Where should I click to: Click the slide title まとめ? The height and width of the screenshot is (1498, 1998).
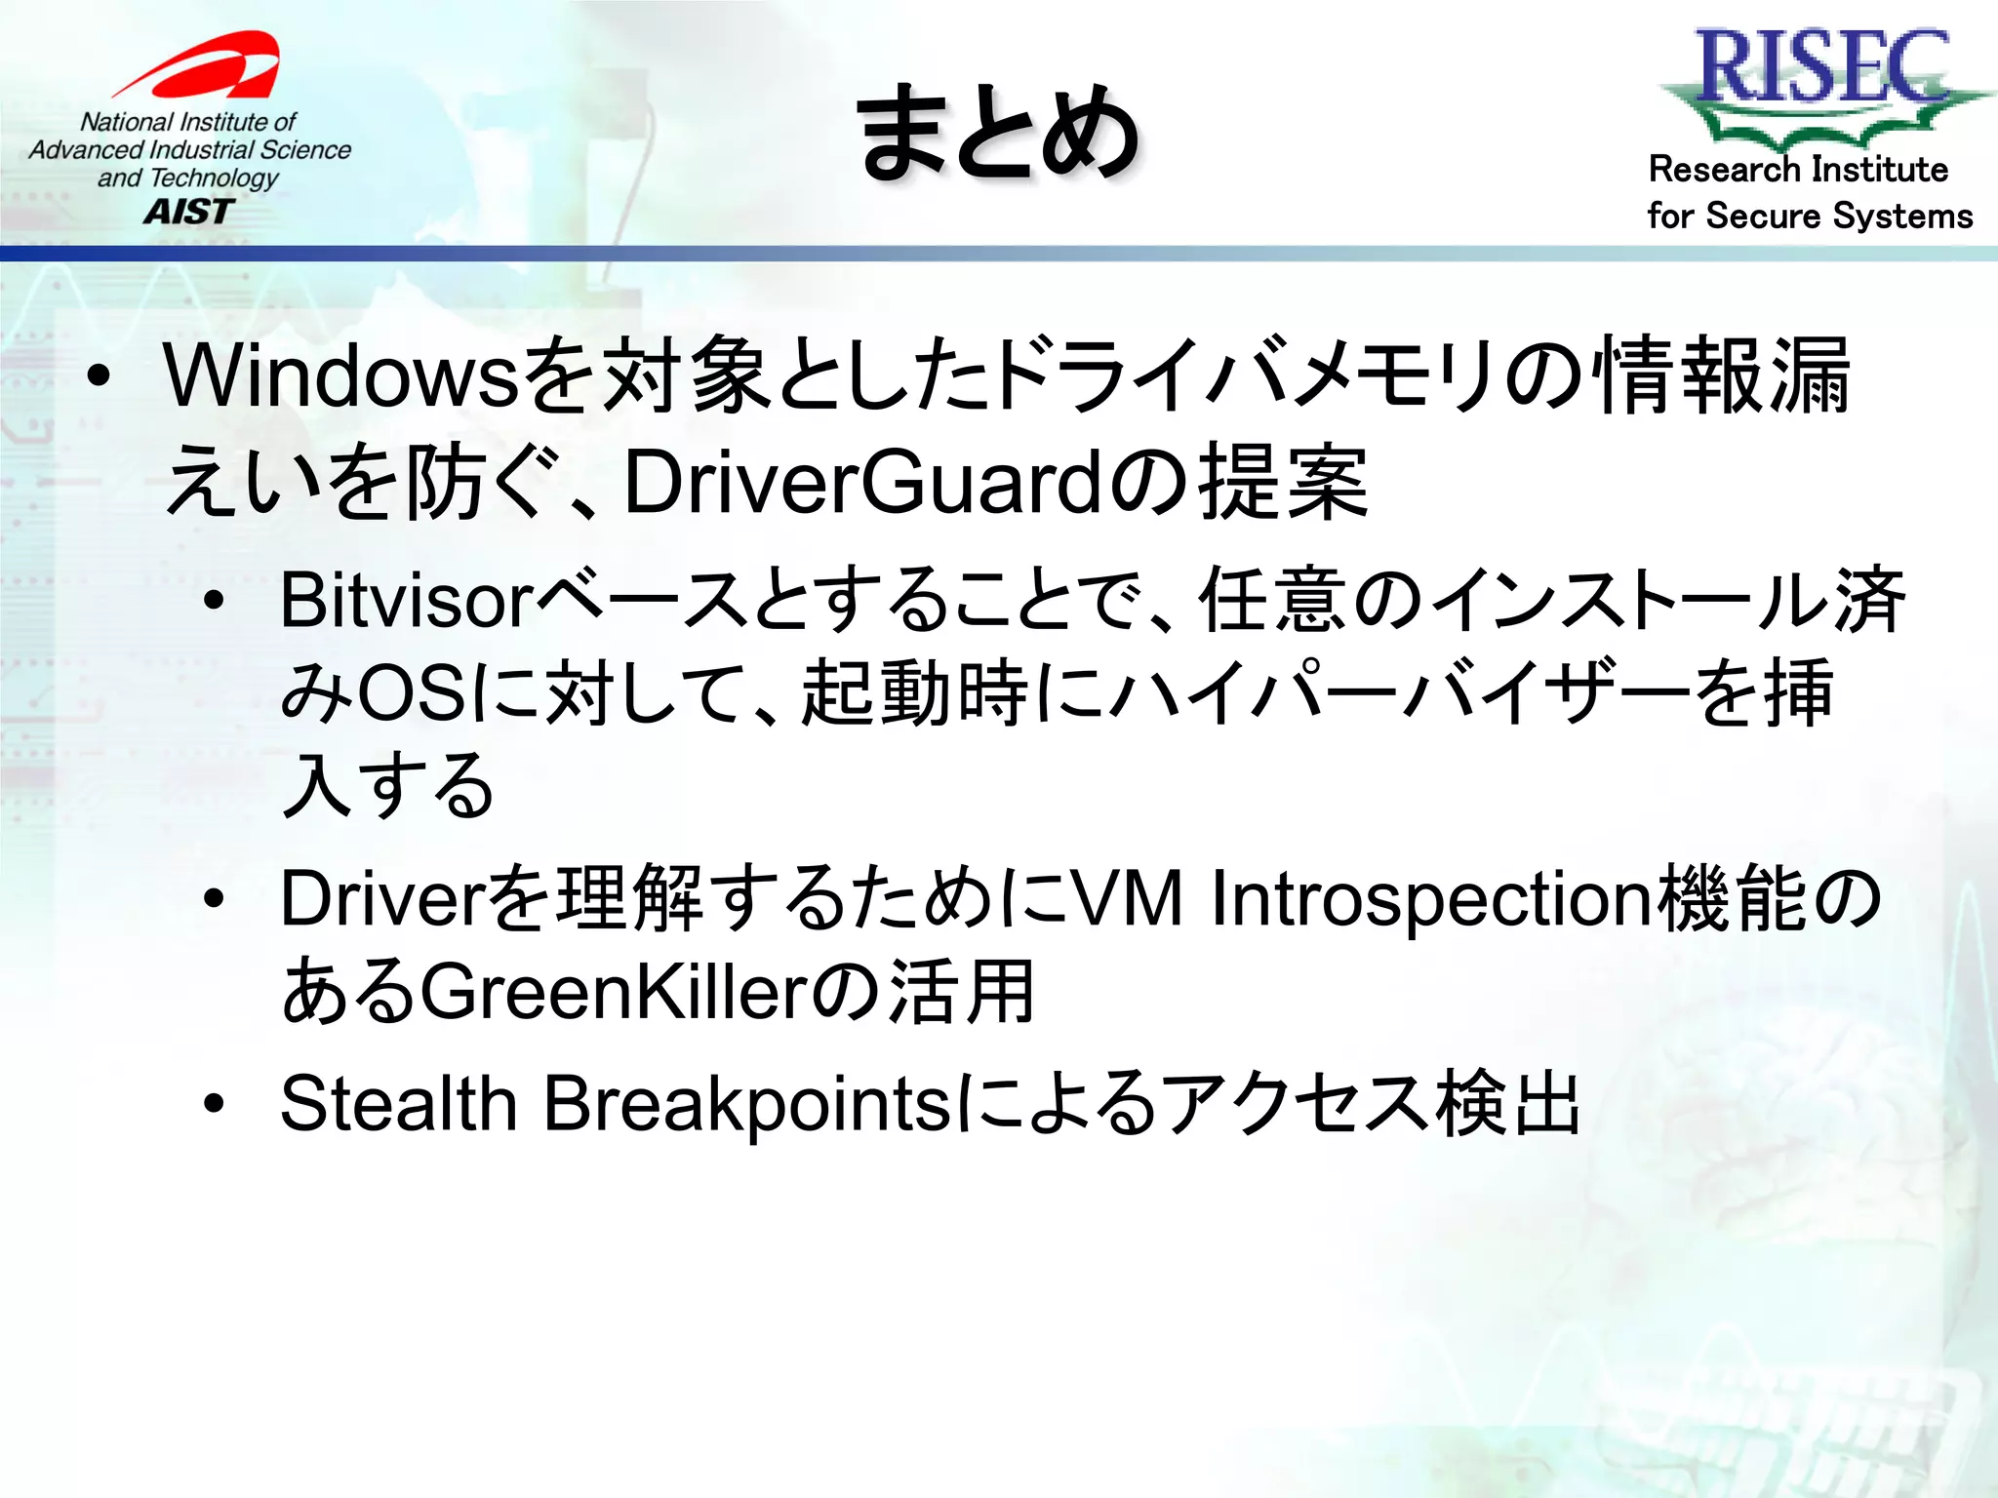pyautogui.click(x=998, y=133)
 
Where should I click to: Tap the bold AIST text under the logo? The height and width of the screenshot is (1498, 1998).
pyautogui.click(x=189, y=212)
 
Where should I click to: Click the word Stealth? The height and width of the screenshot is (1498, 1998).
pyautogui.click(x=398, y=1104)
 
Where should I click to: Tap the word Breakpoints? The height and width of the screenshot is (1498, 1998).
pyautogui.click(x=746, y=1104)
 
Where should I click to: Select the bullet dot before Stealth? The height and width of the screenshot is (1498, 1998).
pyautogui.click(x=215, y=1104)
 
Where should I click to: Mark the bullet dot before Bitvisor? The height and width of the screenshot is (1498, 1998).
pyautogui.click(x=215, y=601)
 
